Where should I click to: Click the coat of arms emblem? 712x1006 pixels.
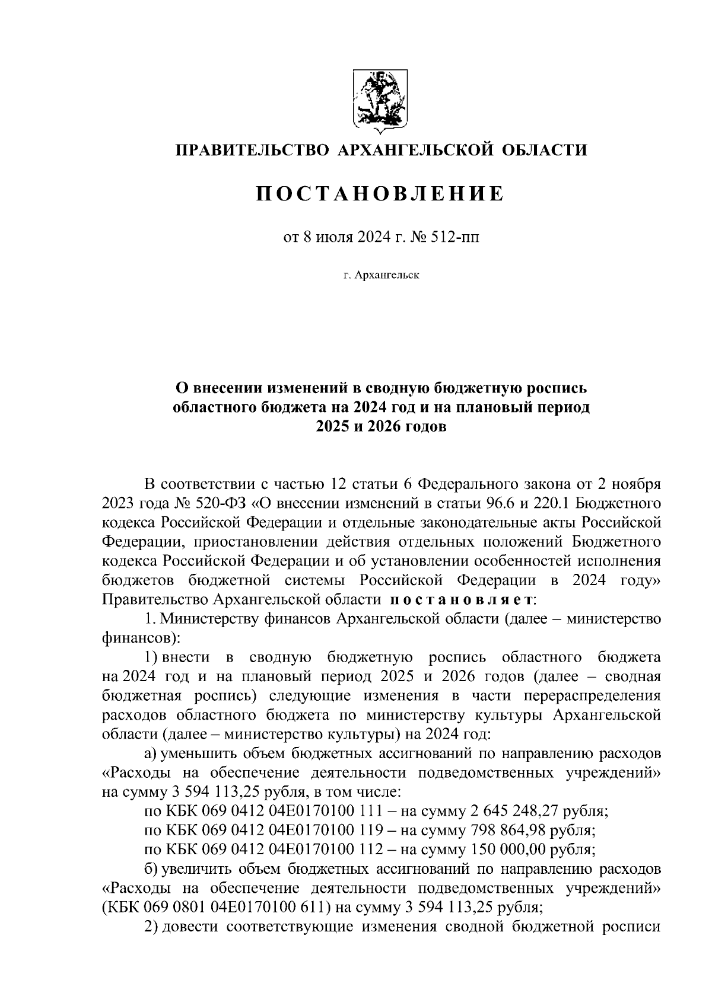pos(379,100)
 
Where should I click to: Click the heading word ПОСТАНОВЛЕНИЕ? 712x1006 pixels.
pos(380,193)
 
